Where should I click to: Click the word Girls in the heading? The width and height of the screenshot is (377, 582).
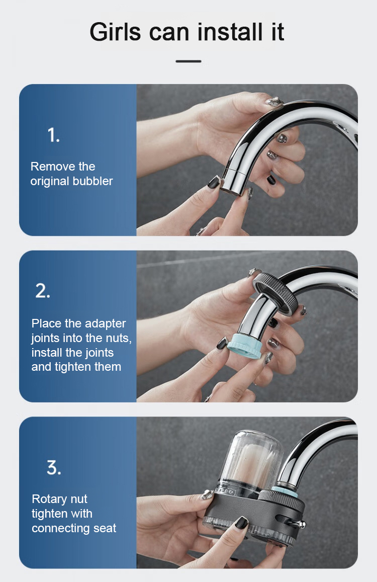(116, 32)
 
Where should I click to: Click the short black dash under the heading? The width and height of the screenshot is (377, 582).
(189, 61)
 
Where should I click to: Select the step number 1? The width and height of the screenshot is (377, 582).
(53, 135)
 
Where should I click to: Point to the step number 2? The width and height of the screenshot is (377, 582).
(43, 291)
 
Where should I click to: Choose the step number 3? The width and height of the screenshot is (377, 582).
(54, 467)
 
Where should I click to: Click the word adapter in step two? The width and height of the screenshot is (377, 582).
(105, 323)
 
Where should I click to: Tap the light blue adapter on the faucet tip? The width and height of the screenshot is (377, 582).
(244, 346)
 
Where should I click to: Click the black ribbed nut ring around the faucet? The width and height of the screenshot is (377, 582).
(274, 294)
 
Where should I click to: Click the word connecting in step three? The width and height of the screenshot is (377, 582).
(61, 528)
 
